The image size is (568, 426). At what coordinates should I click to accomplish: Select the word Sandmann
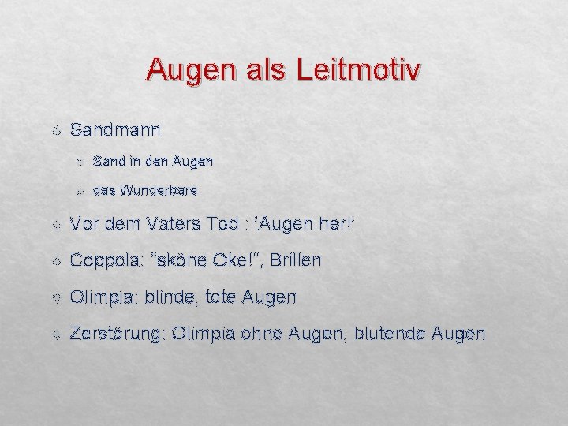coord(115,129)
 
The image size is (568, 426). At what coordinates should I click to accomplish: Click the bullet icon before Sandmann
coord(54,129)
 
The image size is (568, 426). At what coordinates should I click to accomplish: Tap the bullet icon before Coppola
coord(54,260)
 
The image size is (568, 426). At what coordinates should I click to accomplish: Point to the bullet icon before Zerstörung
coord(54,334)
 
